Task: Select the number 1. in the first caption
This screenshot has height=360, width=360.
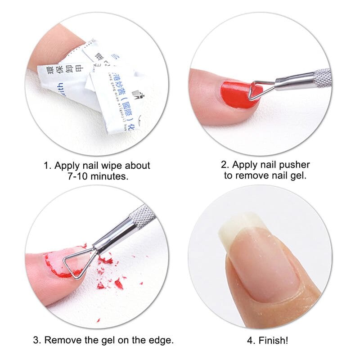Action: click(x=48, y=166)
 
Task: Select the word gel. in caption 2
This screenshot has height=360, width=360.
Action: click(x=297, y=175)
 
